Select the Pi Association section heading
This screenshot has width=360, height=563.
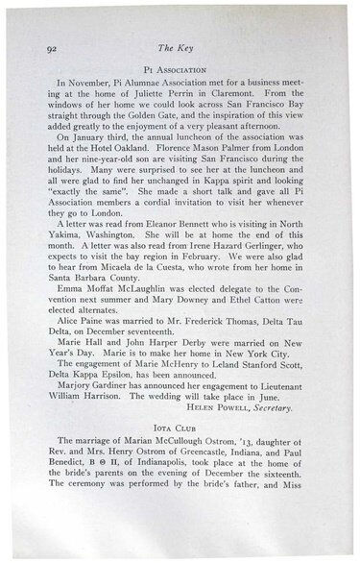[180, 71]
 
